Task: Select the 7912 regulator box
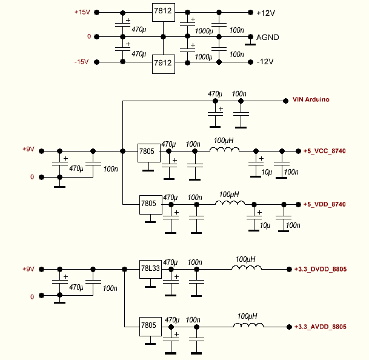162,62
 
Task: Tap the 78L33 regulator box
150,268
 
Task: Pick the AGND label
267,38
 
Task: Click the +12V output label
265,13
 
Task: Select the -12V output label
265,62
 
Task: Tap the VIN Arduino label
311,99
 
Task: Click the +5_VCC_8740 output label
324,151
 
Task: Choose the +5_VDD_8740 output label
324,204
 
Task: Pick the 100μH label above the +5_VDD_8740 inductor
228,194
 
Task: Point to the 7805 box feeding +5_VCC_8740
148,152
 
